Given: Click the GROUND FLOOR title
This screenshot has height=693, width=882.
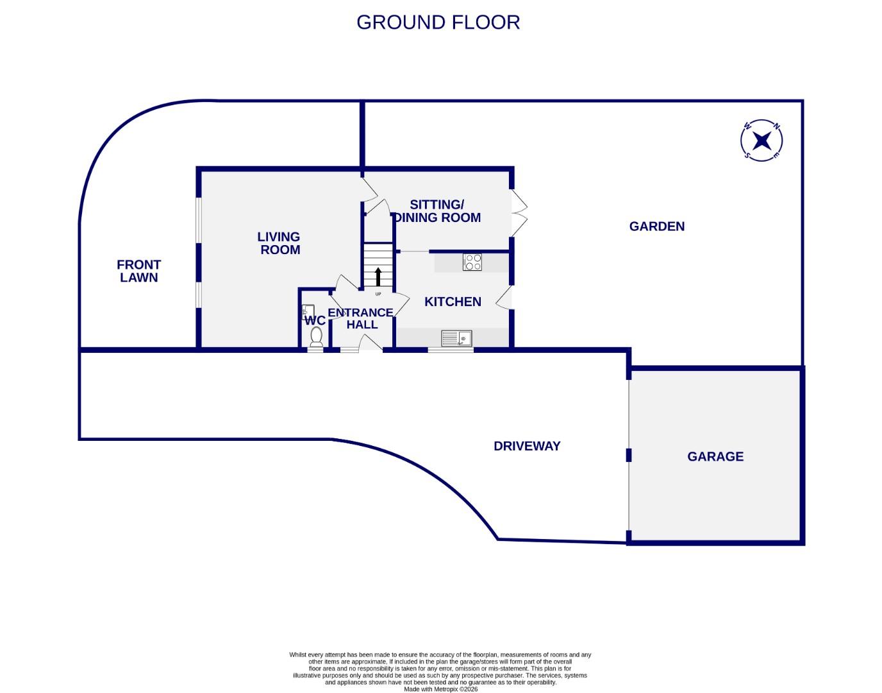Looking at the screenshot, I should (x=438, y=22).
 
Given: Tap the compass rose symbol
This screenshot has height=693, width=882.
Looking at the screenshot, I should (x=761, y=140).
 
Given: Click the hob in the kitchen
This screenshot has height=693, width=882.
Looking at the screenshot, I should (x=472, y=262).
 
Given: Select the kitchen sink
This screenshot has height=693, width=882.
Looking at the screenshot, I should (x=456, y=338).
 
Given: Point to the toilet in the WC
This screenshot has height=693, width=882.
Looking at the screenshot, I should (x=316, y=338).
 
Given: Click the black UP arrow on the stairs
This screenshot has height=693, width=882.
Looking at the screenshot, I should (x=378, y=277).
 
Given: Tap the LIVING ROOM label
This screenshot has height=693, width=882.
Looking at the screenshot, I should (x=279, y=243).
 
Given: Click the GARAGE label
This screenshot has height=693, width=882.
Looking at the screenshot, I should (x=715, y=456).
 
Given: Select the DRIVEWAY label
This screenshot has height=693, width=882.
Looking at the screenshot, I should (x=527, y=446).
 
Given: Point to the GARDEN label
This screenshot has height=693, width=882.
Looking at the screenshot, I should (x=656, y=227).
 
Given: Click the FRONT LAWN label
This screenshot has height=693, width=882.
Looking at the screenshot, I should (x=138, y=271).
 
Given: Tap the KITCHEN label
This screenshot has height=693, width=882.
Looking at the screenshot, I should (x=453, y=302).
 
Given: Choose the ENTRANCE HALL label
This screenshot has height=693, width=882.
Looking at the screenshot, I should (x=360, y=318).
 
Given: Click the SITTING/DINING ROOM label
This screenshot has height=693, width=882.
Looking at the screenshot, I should (x=437, y=211).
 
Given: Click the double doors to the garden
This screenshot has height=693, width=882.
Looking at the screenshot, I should (x=518, y=212).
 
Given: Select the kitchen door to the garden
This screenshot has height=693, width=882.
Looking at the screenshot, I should (x=505, y=298).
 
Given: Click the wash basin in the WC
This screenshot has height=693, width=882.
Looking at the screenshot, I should (x=307, y=312).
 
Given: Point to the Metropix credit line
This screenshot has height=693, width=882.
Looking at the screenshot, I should (x=440, y=689).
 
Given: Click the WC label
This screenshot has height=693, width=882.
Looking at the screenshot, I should (x=315, y=320).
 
